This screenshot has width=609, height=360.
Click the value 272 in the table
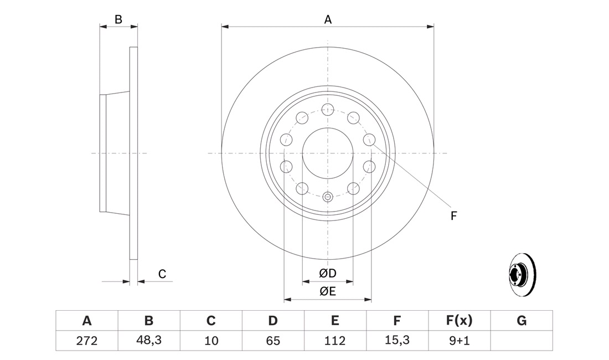click(x=86, y=341)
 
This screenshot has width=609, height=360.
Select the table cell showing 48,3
click(x=148, y=341)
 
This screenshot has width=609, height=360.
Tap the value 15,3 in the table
click(x=396, y=341)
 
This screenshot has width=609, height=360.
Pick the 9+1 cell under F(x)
click(x=458, y=341)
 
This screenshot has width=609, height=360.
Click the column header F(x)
click(x=458, y=320)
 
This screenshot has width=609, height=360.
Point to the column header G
click(x=521, y=320)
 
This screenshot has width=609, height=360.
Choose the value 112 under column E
click(x=334, y=341)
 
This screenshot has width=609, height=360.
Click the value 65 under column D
click(x=272, y=341)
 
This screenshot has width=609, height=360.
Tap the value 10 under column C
click(x=210, y=341)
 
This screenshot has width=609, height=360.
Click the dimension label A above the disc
click(x=328, y=20)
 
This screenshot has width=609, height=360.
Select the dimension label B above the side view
click(x=118, y=19)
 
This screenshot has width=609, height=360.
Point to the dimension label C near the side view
click(x=162, y=274)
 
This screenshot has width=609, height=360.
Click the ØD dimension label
click(x=328, y=273)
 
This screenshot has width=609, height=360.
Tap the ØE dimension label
click(x=328, y=292)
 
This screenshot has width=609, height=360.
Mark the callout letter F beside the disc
click(x=453, y=216)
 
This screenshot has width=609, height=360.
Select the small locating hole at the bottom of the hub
click(x=327, y=196)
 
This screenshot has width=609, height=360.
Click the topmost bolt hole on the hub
click(x=327, y=109)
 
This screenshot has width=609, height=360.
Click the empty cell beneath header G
click(x=521, y=341)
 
